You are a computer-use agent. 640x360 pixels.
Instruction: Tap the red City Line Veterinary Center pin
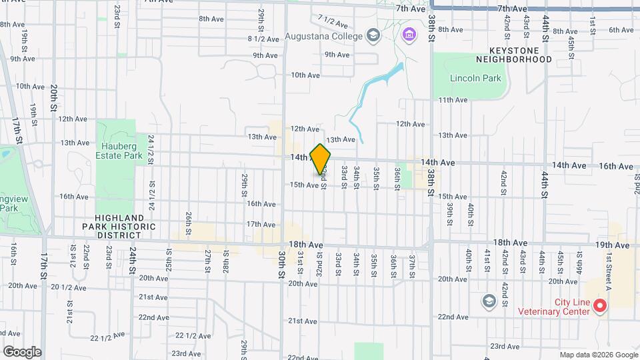click(599, 306)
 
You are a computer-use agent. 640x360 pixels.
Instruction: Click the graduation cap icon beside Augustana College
click(373, 35)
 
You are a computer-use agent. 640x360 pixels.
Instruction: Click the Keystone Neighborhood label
click(520, 55)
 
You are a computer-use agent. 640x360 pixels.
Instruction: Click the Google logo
click(22, 351)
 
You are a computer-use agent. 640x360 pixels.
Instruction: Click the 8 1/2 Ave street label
click(263, 39)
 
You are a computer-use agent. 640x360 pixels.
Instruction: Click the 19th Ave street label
click(613, 245)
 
